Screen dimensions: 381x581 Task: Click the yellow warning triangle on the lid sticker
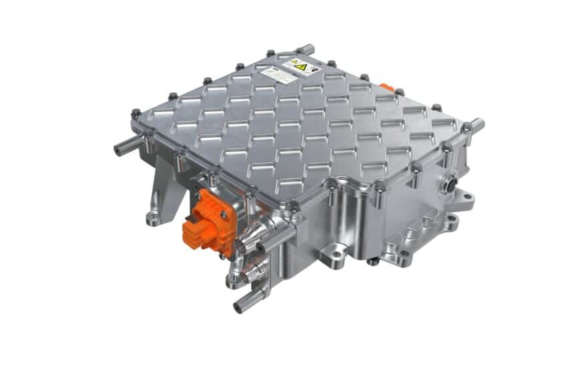pyautogui.click(x=300, y=66)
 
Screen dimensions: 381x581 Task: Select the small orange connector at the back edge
pyautogui.click(x=387, y=88)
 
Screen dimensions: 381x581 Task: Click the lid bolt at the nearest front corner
pyautogui.click(x=293, y=207)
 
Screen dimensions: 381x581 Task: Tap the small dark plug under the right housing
pyautogui.click(x=372, y=261)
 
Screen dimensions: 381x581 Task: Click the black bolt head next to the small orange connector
pyautogui.click(x=399, y=92)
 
